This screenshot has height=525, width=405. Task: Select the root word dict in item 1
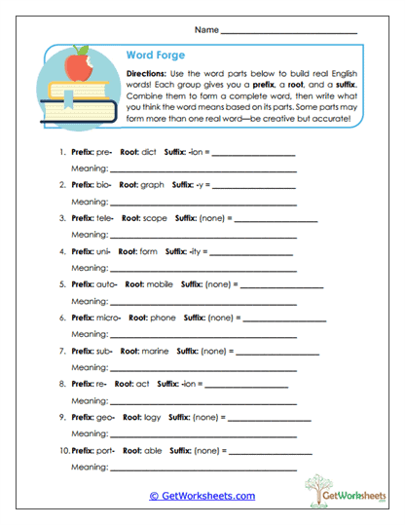(148, 152)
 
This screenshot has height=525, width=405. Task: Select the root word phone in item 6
(163, 317)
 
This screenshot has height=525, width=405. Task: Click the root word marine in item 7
(157, 350)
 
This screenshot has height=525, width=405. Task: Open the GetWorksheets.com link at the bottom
(202, 496)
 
